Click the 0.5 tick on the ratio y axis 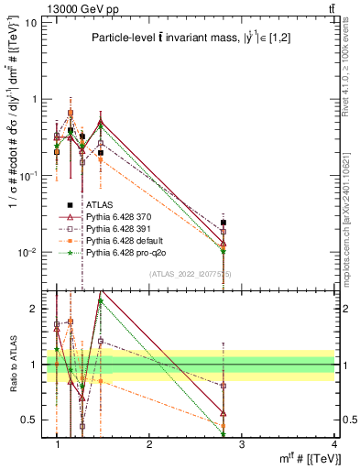pyautogui.click(x=31, y=420)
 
